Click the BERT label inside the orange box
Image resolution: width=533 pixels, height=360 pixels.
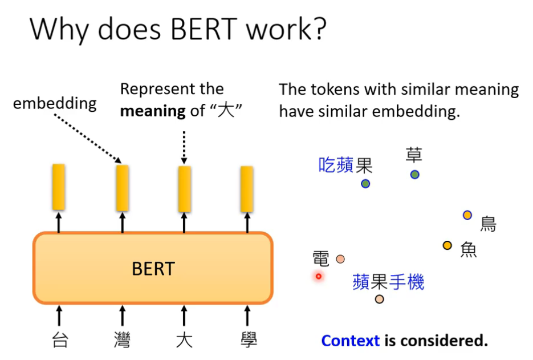point(153,269)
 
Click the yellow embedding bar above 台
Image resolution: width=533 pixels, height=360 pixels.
point(59,187)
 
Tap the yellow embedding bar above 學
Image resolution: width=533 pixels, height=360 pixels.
point(247,189)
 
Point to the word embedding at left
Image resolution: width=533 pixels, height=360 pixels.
point(55,103)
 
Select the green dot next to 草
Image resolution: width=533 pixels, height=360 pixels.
point(414,175)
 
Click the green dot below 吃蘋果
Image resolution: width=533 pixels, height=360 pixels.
point(365,184)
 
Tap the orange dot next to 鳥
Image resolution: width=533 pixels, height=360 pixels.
point(467,215)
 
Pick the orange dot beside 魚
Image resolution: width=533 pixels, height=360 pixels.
point(447,245)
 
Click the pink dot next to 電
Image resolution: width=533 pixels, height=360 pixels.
point(340,259)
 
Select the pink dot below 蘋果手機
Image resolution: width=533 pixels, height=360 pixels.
point(380,299)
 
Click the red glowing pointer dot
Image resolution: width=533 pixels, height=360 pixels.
point(319,276)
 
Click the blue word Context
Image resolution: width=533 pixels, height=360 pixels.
point(350,341)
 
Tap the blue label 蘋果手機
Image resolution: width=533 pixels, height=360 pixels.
point(388,282)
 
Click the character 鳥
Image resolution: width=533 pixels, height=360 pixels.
point(488,224)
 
